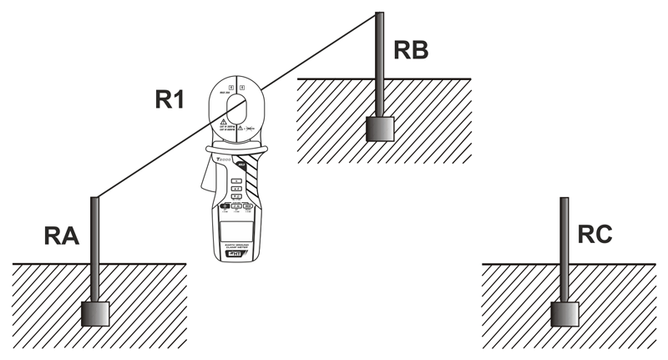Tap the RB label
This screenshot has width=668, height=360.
coord(411,51)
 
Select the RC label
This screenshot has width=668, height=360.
coord(595,235)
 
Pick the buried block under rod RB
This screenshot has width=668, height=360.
coord(380,129)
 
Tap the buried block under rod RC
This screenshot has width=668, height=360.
coord(564,314)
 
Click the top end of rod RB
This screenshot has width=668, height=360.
coord(380,14)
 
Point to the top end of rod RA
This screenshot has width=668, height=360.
coord(95,199)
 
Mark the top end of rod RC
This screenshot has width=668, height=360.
coord(564,200)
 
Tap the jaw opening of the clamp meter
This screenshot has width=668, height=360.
coord(237,109)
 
